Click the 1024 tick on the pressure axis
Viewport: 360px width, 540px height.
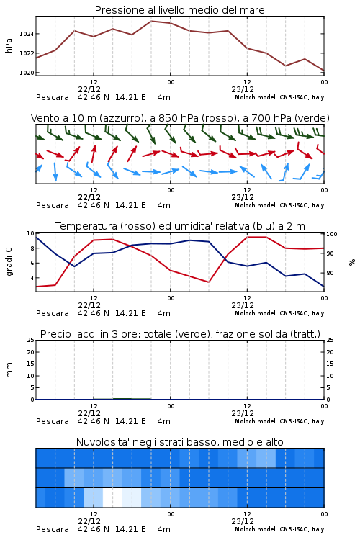click(x=27, y=34)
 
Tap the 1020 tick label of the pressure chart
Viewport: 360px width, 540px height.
click(x=27, y=73)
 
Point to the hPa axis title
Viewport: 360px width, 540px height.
click(x=9, y=45)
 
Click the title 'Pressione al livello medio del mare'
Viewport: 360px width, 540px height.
click(x=179, y=10)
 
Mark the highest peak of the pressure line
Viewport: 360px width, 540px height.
click(x=151, y=21)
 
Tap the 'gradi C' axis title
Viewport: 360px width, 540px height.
click(x=9, y=261)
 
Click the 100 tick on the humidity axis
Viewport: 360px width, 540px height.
click(x=331, y=234)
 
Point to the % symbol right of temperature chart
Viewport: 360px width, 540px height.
click(x=352, y=262)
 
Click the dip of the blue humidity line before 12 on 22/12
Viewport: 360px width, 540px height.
click(x=74, y=266)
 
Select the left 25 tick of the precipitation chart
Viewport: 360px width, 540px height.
click(x=31, y=340)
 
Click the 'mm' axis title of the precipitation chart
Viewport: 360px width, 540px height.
click(x=9, y=370)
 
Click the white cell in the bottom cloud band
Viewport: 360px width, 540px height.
click(x=112, y=498)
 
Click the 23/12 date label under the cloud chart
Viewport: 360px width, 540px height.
click(x=243, y=521)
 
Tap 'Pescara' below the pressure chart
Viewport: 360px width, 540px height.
click(x=53, y=97)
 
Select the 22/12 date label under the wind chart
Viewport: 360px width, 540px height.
click(x=89, y=197)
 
